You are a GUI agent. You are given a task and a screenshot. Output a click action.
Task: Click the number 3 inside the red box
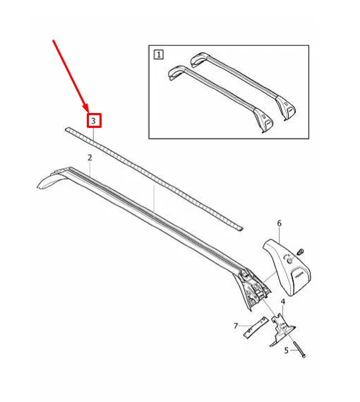(93, 121)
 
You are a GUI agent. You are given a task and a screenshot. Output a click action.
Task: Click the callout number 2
(90, 158)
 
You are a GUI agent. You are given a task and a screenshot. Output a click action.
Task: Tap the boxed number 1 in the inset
(159, 55)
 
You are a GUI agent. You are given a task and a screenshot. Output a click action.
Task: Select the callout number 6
(280, 223)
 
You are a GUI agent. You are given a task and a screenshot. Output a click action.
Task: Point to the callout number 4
(283, 302)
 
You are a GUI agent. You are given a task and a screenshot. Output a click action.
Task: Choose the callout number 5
(287, 350)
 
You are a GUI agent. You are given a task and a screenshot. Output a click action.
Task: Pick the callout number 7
(236, 326)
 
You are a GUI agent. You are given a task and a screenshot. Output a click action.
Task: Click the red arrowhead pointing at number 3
(85, 107)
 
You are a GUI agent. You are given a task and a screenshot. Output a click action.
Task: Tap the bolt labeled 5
(299, 350)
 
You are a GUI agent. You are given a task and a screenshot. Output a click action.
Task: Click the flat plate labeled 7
(256, 328)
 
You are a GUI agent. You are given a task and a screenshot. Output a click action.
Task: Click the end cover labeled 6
(287, 267)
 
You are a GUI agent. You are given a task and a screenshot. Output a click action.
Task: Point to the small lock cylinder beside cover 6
(300, 252)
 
